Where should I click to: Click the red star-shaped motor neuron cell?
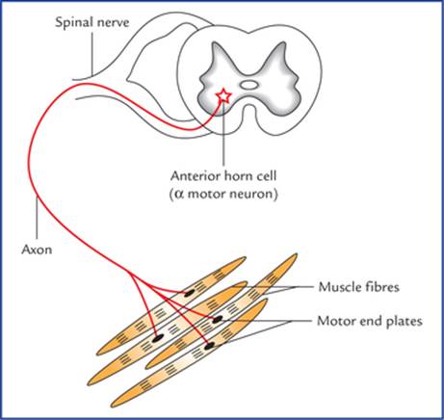click(x=223, y=96)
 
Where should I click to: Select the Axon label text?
click(x=37, y=249)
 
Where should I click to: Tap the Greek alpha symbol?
click(x=180, y=195)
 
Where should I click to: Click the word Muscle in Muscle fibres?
click(x=339, y=287)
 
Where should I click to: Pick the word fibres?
click(x=381, y=287)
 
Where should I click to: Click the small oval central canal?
click(x=249, y=85)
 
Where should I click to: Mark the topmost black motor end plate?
click(x=189, y=292)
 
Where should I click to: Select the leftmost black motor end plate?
click(x=157, y=337)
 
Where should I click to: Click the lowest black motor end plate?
click(x=209, y=346)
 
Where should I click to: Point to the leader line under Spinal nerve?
click(x=91, y=54)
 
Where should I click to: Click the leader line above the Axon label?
click(x=38, y=219)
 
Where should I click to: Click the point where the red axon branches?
click(x=130, y=274)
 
